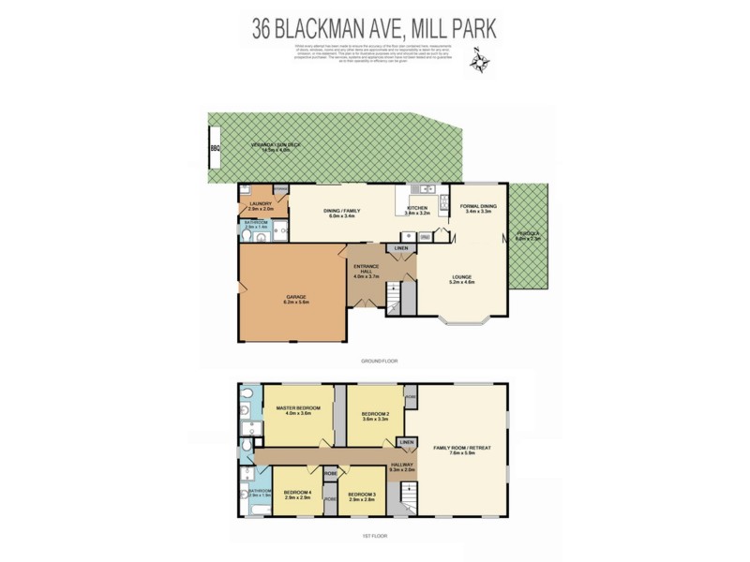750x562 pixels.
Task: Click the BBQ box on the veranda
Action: click(x=215, y=149)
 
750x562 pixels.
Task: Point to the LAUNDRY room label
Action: click(x=262, y=206)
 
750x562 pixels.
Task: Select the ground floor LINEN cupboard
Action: click(x=401, y=248)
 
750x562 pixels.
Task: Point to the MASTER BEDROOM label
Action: click(x=298, y=410)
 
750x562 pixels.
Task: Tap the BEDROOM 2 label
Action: click(x=375, y=415)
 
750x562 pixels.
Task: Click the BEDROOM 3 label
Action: click(x=362, y=495)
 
